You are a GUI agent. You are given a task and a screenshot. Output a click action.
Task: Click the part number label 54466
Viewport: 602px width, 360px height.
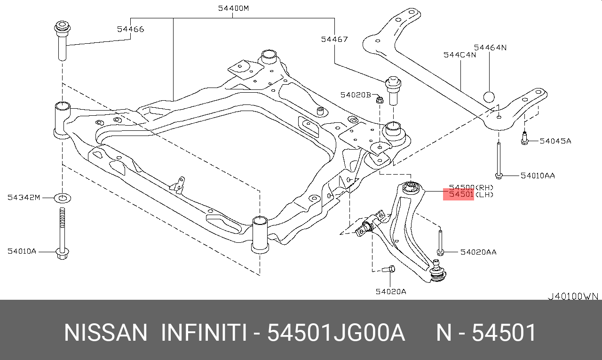[x=131, y=29]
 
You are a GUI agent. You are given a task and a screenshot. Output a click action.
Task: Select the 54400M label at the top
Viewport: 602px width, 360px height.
[x=233, y=8]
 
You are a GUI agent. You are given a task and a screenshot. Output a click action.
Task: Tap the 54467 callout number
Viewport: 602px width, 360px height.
[x=334, y=39]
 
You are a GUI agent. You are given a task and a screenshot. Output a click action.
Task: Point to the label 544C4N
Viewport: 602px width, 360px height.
[x=459, y=55]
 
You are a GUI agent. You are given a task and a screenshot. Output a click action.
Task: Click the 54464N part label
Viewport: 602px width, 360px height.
[x=490, y=48]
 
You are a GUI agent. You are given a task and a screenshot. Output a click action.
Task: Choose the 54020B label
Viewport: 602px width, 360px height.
[x=356, y=95]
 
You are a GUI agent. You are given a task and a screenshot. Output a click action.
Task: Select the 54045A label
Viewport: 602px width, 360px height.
[x=555, y=141]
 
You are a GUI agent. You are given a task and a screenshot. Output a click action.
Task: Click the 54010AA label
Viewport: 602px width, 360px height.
[x=538, y=176]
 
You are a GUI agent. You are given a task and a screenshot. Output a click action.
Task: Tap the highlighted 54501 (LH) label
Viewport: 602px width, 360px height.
[x=459, y=194]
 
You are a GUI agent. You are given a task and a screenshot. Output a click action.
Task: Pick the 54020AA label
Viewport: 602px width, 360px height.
[x=478, y=252]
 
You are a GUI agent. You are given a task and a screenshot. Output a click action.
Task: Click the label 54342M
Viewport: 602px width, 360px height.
[x=24, y=197]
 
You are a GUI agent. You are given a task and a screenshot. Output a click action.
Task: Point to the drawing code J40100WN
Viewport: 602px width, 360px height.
[x=573, y=296]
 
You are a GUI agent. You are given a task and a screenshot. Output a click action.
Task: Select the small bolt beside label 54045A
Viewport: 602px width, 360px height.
[x=525, y=139]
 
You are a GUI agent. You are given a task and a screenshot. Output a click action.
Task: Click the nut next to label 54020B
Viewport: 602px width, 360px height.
[x=380, y=99]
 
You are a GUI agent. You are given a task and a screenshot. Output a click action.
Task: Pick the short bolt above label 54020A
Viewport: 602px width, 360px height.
[x=388, y=270]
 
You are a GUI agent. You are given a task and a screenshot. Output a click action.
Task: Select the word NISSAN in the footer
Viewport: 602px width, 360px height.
[x=105, y=333]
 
